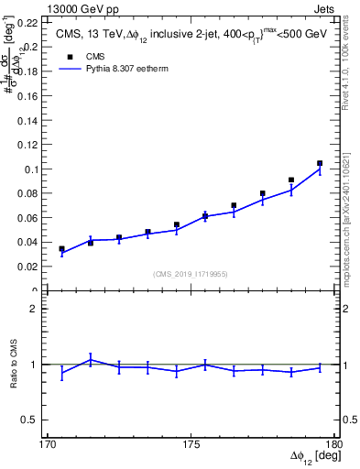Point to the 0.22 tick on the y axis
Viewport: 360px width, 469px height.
tap(29, 22)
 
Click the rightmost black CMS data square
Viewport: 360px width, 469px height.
tap(320, 163)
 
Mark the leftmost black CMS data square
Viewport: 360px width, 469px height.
tap(61, 248)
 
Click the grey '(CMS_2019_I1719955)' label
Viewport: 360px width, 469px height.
tap(191, 273)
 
